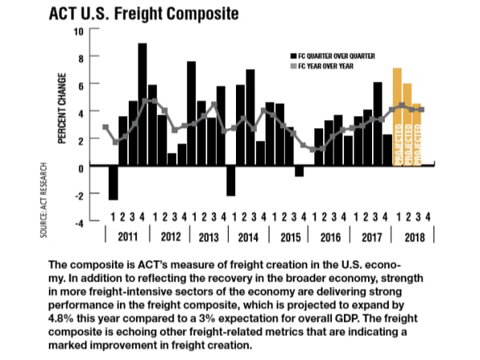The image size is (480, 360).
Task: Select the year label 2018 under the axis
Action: tap(414, 237)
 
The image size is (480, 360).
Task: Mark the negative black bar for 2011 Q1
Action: tap(113, 182)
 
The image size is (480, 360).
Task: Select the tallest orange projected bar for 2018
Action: tap(398, 117)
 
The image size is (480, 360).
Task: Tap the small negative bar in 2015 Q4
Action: tap(299, 171)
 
